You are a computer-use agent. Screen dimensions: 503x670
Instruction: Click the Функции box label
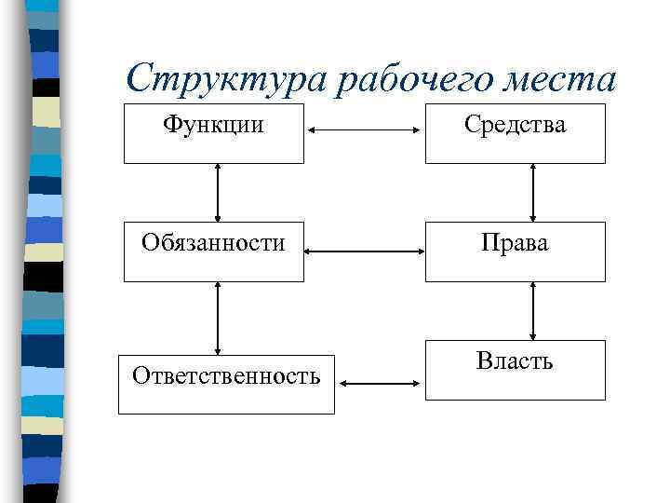[213, 124]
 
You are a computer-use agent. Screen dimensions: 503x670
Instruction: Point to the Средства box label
[516, 124]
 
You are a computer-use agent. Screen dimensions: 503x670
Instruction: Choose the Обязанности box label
[213, 243]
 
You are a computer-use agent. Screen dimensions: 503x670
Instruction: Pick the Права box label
[515, 243]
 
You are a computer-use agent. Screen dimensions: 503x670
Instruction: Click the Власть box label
[515, 360]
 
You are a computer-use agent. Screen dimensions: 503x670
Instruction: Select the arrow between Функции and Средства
[364, 130]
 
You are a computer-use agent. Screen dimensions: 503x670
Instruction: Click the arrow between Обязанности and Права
[364, 251]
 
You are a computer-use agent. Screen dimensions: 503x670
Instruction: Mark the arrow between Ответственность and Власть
[380, 382]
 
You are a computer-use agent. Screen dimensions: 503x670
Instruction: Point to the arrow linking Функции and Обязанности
[218, 192]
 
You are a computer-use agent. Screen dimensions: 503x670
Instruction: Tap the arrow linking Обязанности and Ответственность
[218, 318]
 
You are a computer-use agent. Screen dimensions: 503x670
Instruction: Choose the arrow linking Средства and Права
[533, 192]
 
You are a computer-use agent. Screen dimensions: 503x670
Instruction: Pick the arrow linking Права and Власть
[533, 310]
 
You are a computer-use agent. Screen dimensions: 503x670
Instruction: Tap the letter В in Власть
[483, 360]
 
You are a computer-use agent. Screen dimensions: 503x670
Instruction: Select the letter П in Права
[489, 243]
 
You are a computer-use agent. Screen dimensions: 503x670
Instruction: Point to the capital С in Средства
[473, 124]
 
